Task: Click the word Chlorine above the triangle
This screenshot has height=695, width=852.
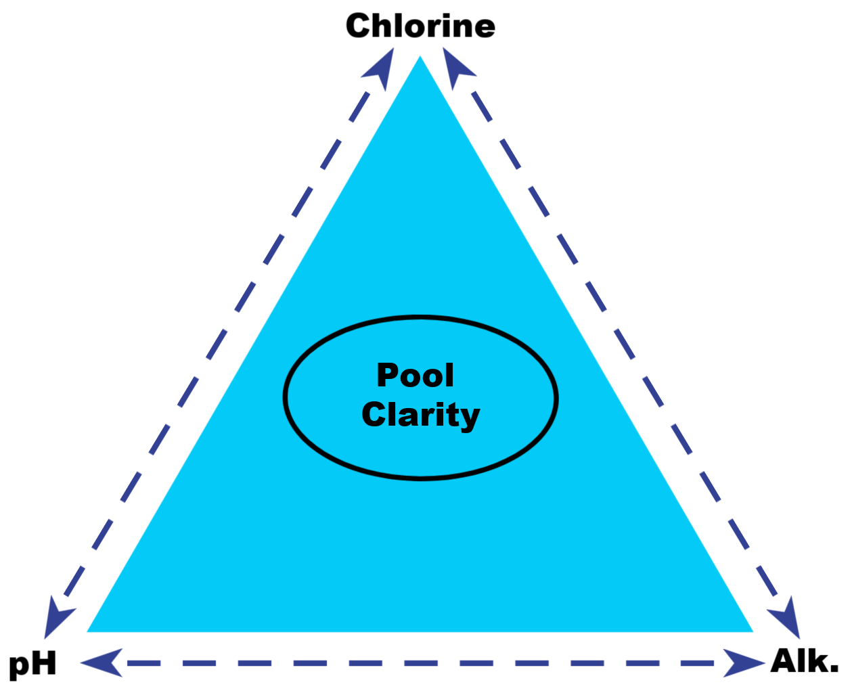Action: (420, 26)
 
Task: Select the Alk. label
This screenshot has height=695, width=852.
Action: (804, 661)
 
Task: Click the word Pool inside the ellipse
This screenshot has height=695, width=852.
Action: (415, 376)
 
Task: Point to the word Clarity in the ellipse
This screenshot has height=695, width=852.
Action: (420, 415)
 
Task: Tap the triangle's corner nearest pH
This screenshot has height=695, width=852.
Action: (90, 630)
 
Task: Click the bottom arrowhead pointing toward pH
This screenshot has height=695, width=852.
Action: (103, 663)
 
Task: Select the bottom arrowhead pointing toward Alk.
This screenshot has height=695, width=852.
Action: (742, 663)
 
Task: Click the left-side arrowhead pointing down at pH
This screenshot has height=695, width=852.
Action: (56, 617)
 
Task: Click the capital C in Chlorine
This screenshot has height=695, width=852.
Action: (359, 26)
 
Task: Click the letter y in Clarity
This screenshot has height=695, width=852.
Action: (470, 418)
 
